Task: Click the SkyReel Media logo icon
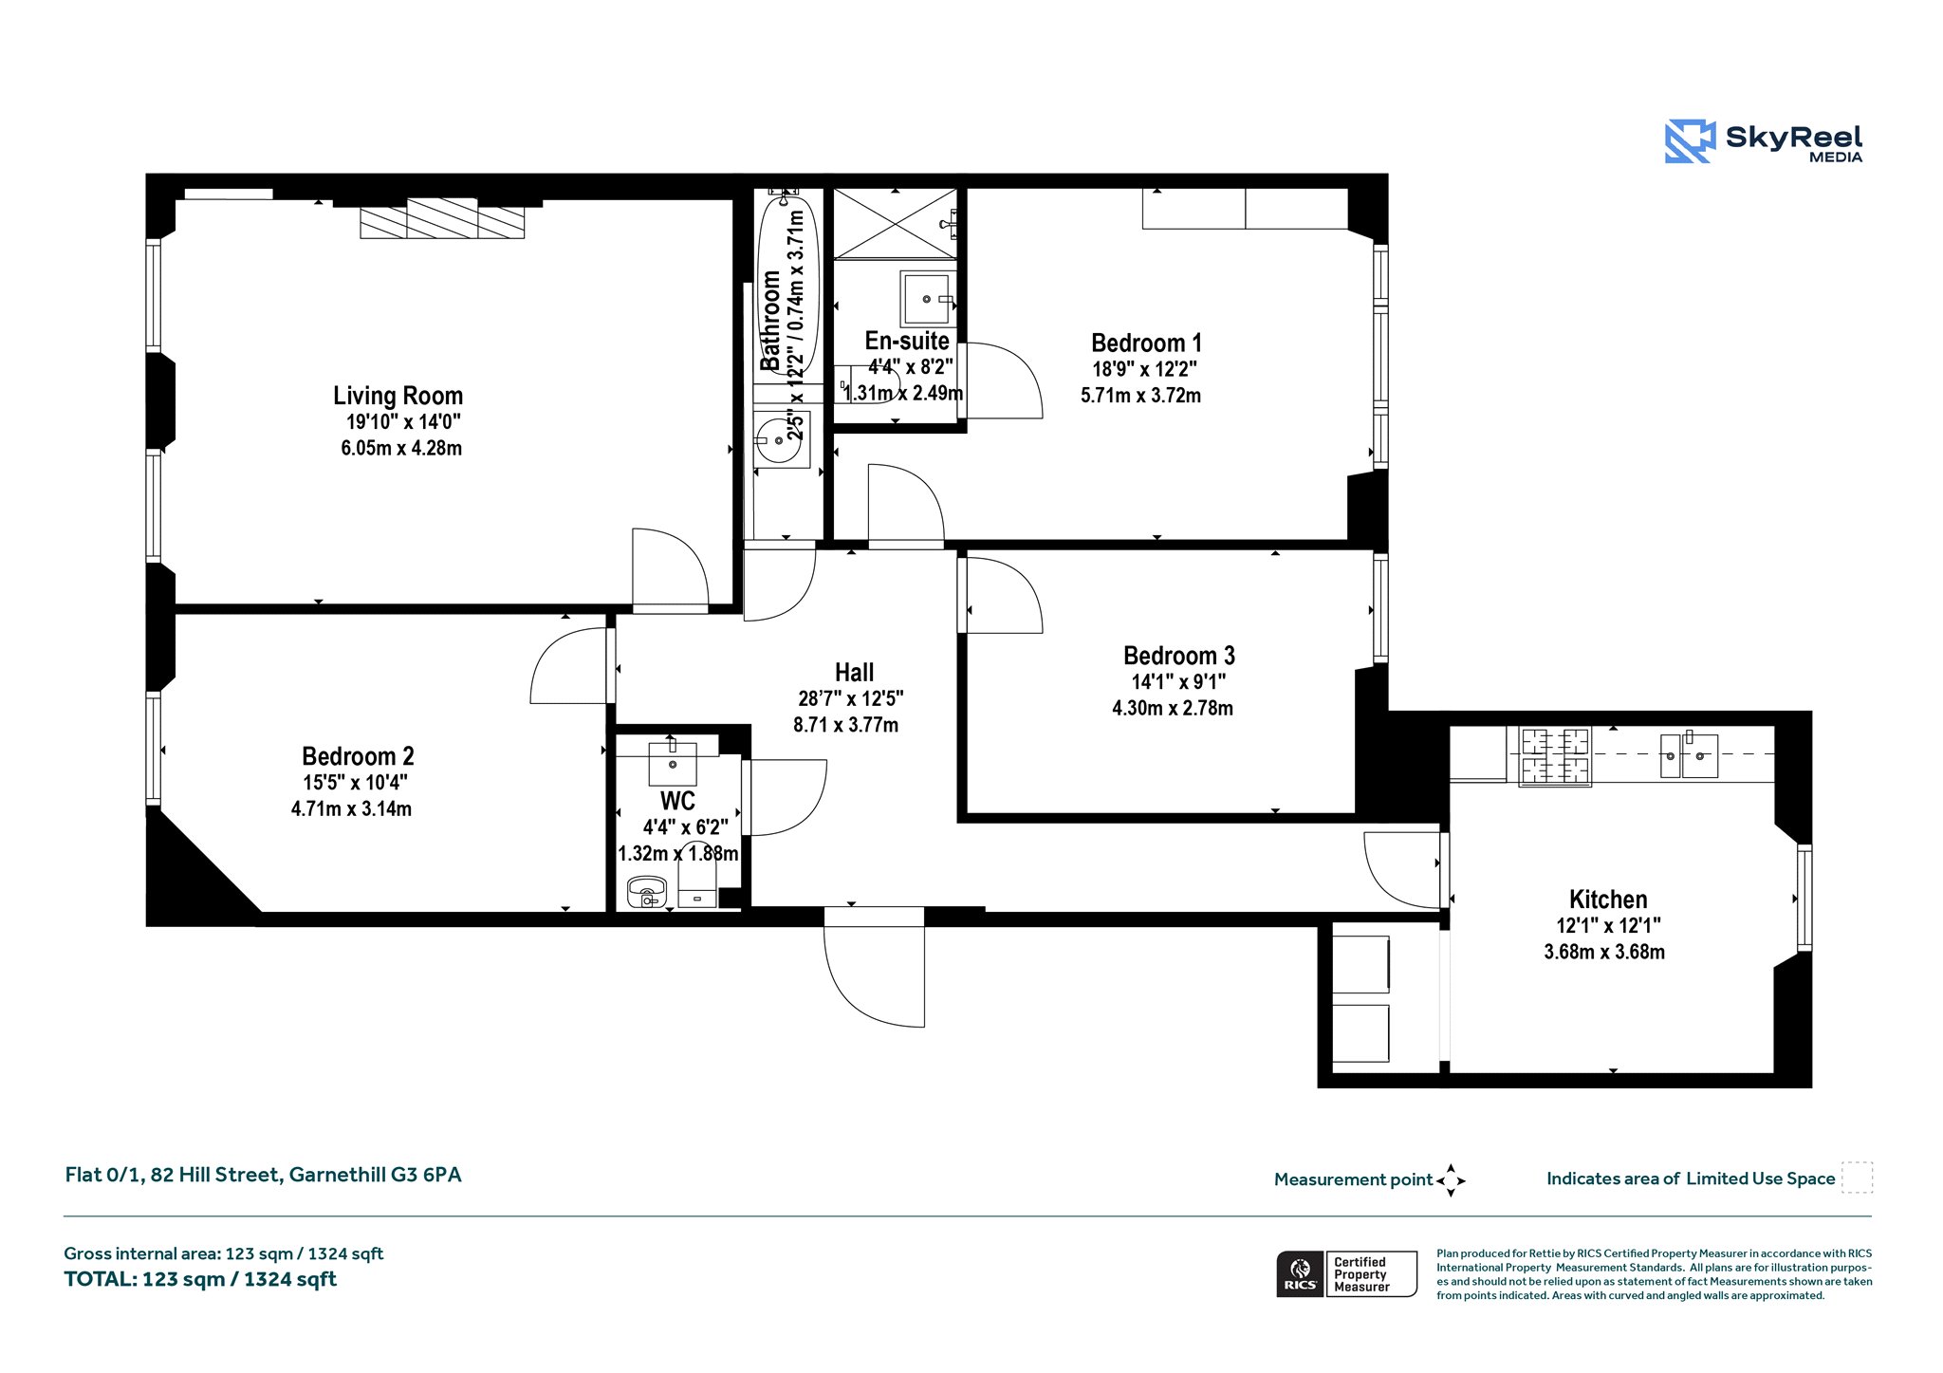[x=1690, y=141]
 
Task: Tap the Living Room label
[x=398, y=396]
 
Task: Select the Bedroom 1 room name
[x=1146, y=343]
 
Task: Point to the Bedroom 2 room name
[x=358, y=756]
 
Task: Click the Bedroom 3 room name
[x=1178, y=656]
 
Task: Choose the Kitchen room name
[x=1608, y=900]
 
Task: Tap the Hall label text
[x=854, y=673]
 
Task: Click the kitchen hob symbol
[x=1555, y=756]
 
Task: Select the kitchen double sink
[x=1689, y=756]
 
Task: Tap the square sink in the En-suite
[x=927, y=299]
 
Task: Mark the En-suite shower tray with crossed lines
[x=896, y=224]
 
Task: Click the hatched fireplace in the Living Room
[x=442, y=219]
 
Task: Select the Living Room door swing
[x=671, y=567]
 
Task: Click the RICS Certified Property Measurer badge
[x=1346, y=1273]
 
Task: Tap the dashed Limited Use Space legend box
[x=1857, y=1178]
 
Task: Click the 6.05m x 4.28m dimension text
[x=401, y=448]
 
